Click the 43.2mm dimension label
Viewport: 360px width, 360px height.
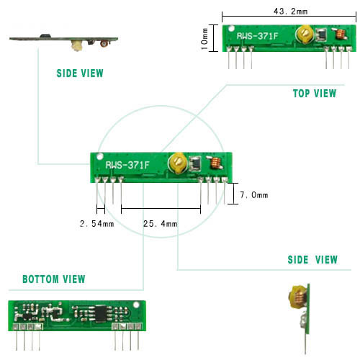(290, 11)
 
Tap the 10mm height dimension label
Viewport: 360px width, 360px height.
(204, 39)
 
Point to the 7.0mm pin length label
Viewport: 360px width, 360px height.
(254, 195)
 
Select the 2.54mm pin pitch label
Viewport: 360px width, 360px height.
(97, 224)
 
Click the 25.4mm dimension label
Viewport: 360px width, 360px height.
(161, 224)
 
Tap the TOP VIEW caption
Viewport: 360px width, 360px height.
(315, 94)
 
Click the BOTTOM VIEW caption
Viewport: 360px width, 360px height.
(54, 279)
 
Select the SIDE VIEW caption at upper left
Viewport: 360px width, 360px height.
(80, 73)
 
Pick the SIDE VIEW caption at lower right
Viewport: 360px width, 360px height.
(312, 260)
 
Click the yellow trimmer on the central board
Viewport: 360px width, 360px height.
(178, 163)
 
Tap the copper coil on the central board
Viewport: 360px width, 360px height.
(215, 163)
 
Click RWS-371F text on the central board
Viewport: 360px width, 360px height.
(127, 165)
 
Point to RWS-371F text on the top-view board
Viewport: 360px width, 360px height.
(257, 36)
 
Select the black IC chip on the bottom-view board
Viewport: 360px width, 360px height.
(102, 313)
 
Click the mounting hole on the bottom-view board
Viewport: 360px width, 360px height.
(136, 305)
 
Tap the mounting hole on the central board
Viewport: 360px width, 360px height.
(99, 157)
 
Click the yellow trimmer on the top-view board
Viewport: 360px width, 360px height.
(305, 34)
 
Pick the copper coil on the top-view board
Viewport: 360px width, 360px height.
(341, 34)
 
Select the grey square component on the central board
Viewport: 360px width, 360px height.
(195, 163)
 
